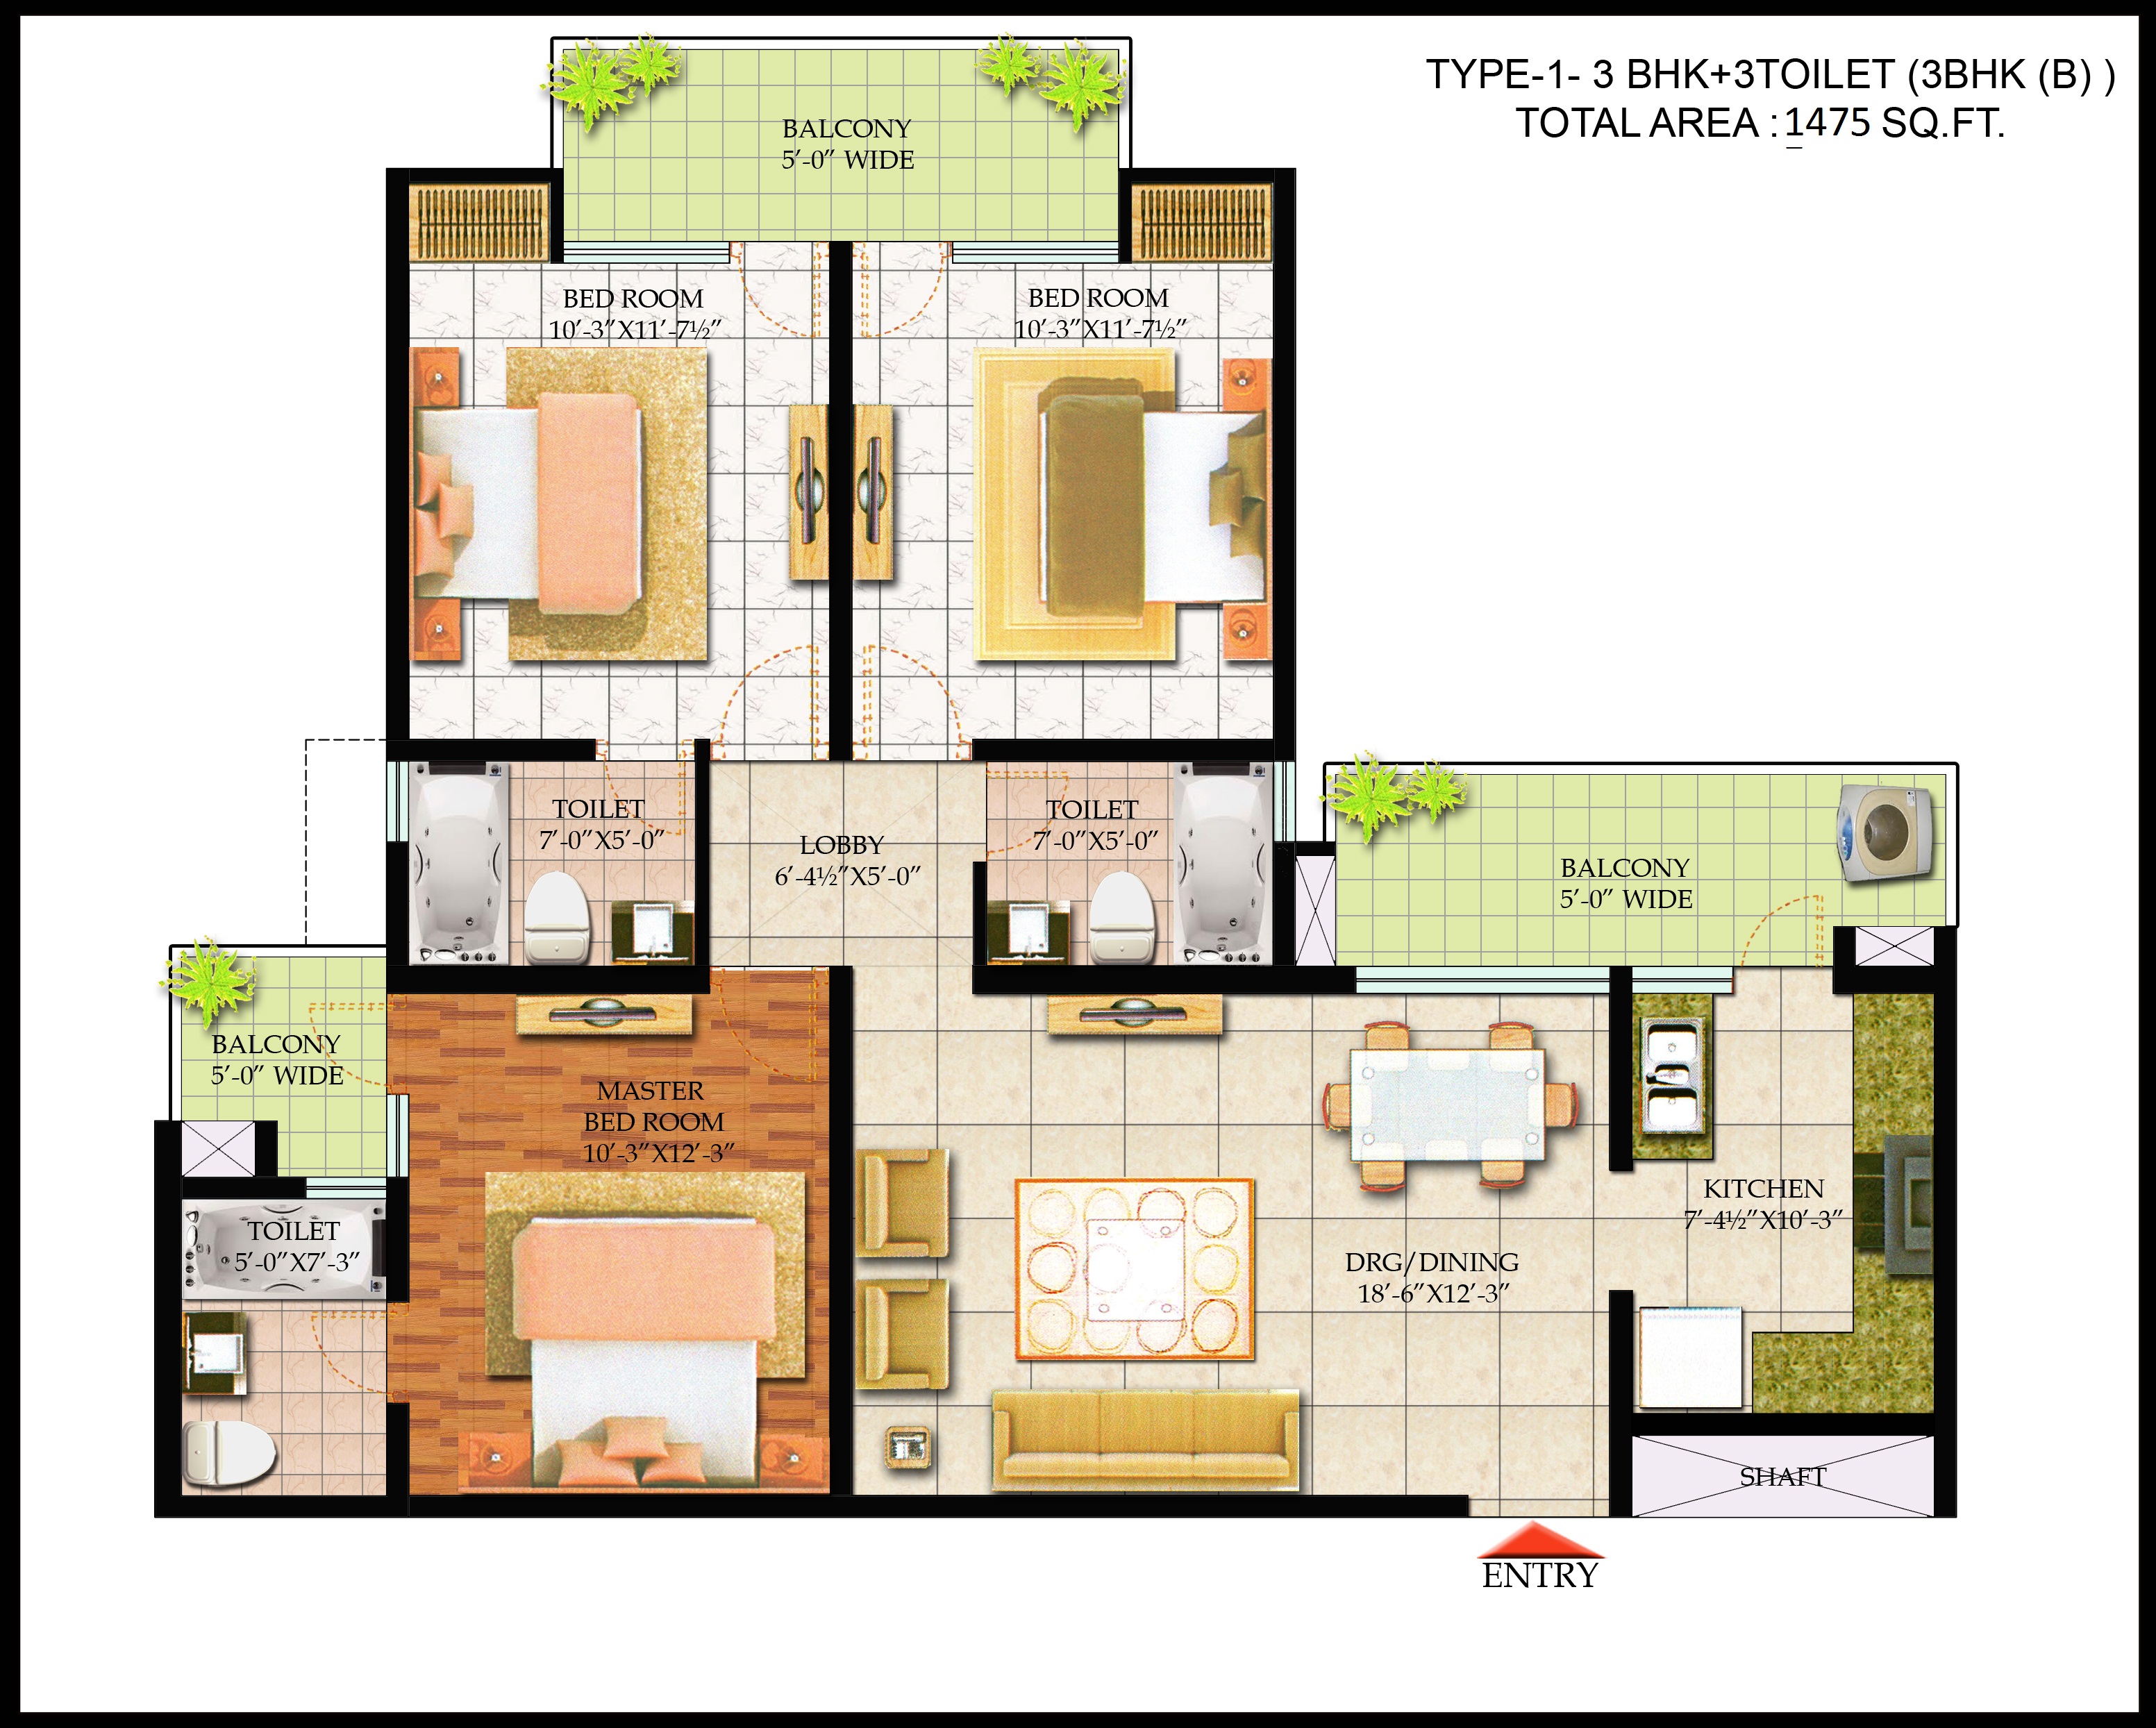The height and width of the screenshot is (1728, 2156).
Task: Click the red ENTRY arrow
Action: pyautogui.click(x=1541, y=1541)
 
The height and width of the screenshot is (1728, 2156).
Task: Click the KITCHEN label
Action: pyautogui.click(x=1763, y=1189)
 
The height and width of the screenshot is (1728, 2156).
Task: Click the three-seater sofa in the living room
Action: pyautogui.click(x=1145, y=1438)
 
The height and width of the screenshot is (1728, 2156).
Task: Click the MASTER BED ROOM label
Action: pyautogui.click(x=652, y=1106)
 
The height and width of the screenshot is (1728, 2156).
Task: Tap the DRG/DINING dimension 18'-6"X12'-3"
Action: pyautogui.click(x=1432, y=1294)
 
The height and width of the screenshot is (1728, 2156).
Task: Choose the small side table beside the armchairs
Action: pyautogui.click(x=908, y=1447)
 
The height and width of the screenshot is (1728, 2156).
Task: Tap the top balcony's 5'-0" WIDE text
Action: pyautogui.click(x=847, y=160)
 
